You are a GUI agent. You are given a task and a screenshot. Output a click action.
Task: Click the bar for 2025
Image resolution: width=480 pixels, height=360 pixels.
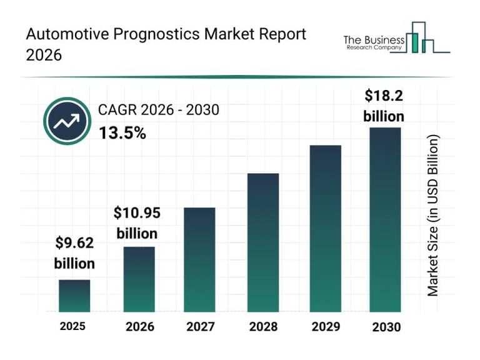tap(74, 296)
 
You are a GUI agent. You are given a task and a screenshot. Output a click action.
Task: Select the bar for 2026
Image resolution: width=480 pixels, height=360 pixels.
tap(139, 279)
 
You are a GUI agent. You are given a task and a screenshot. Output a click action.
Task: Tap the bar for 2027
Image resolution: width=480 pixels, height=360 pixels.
tap(199, 259)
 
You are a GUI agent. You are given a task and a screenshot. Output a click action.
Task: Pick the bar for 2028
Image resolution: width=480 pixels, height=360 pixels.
tap(262, 242)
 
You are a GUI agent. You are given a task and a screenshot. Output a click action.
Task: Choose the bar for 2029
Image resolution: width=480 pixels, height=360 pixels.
tap(326, 228)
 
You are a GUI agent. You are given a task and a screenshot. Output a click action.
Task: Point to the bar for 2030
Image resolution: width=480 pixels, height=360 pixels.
tap(384, 219)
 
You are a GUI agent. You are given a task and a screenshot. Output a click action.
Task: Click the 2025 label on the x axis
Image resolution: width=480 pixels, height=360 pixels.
tap(73, 326)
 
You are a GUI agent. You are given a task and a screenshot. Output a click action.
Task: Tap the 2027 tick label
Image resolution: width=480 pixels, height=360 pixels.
tap(200, 326)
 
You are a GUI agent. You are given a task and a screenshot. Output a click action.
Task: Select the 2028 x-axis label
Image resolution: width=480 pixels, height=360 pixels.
tap(263, 326)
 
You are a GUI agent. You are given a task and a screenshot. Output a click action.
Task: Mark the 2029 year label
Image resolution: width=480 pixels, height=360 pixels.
tap(326, 326)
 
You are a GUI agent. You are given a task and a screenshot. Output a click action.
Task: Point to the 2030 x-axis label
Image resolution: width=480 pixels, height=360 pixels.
tap(385, 326)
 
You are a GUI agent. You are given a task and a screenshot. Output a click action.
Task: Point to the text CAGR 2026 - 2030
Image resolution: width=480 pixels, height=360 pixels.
tap(158, 111)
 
